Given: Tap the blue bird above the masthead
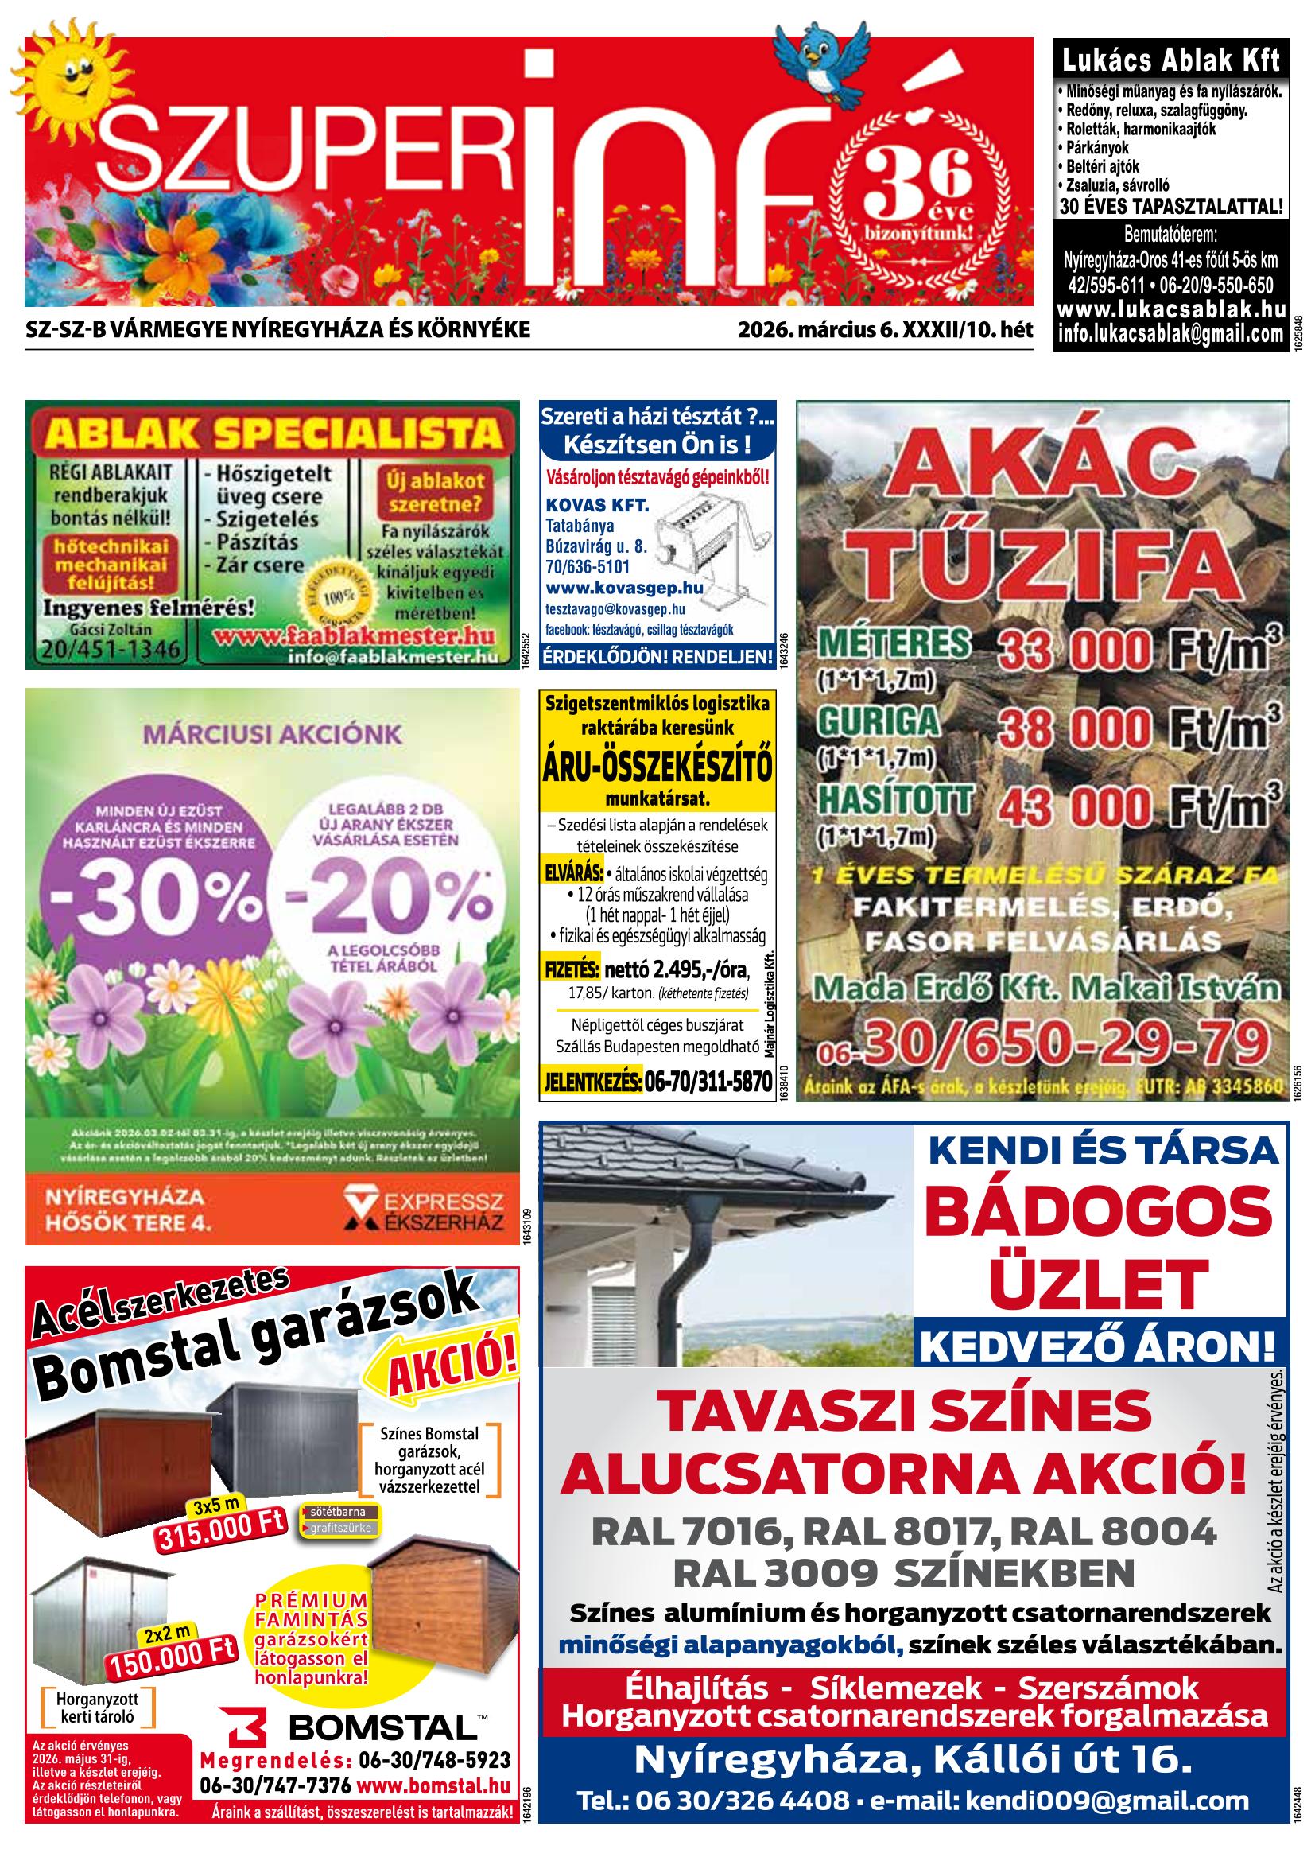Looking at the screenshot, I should (x=815, y=58).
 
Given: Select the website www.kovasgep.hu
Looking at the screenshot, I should (x=624, y=588).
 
